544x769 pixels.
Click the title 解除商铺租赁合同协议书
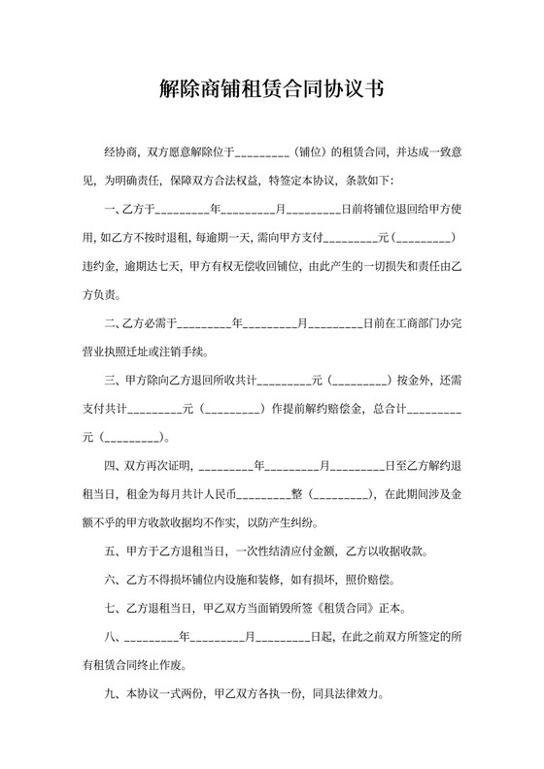(x=271, y=89)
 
